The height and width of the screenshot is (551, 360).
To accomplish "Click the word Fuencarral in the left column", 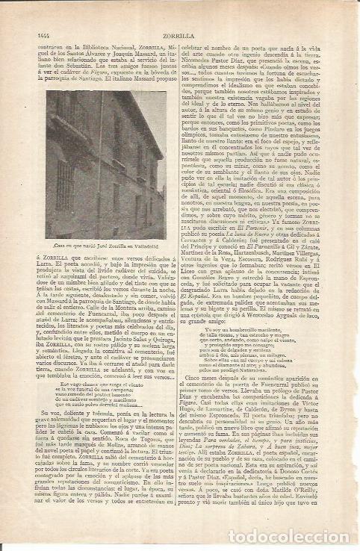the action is tap(90, 319).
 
